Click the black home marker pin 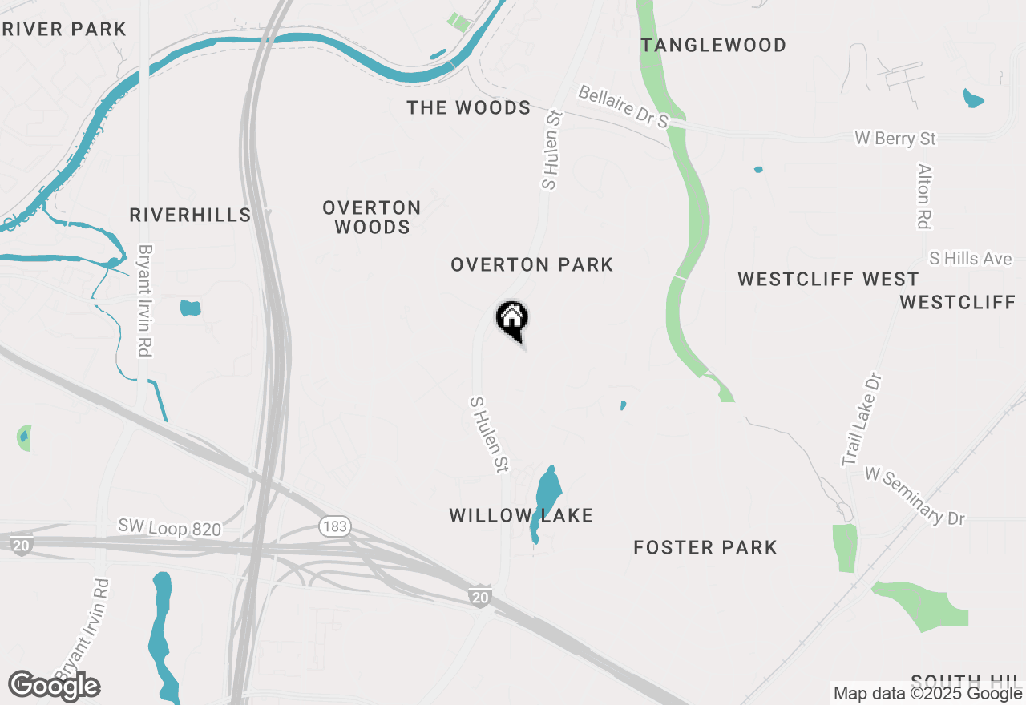[512, 320]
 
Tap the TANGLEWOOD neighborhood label [713, 45]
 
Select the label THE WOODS [469, 107]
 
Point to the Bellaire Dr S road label [624, 107]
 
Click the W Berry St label [895, 139]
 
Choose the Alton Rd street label [925, 196]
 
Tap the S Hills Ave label [971, 259]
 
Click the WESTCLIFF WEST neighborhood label [828, 280]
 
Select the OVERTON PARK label [532, 264]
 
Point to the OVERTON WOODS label [372, 217]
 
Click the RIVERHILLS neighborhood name [191, 215]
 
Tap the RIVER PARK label [64, 30]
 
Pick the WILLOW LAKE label [521, 515]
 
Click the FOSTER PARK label [705, 547]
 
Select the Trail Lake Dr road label [862, 420]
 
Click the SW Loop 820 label [169, 528]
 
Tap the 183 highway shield [333, 526]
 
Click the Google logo [54, 686]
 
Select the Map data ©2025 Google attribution [927, 693]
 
